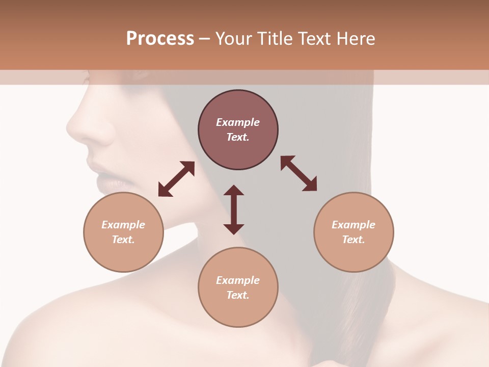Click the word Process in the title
160,39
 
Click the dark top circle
238,130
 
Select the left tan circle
123,232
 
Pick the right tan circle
354,232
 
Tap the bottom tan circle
238,287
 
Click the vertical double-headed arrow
234,209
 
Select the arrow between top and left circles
176,179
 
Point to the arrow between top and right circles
298,173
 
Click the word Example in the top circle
238,122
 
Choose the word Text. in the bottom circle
238,295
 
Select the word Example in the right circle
354,225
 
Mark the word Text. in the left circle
123,240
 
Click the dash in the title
205,39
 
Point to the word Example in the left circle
123,225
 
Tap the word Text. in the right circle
354,240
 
